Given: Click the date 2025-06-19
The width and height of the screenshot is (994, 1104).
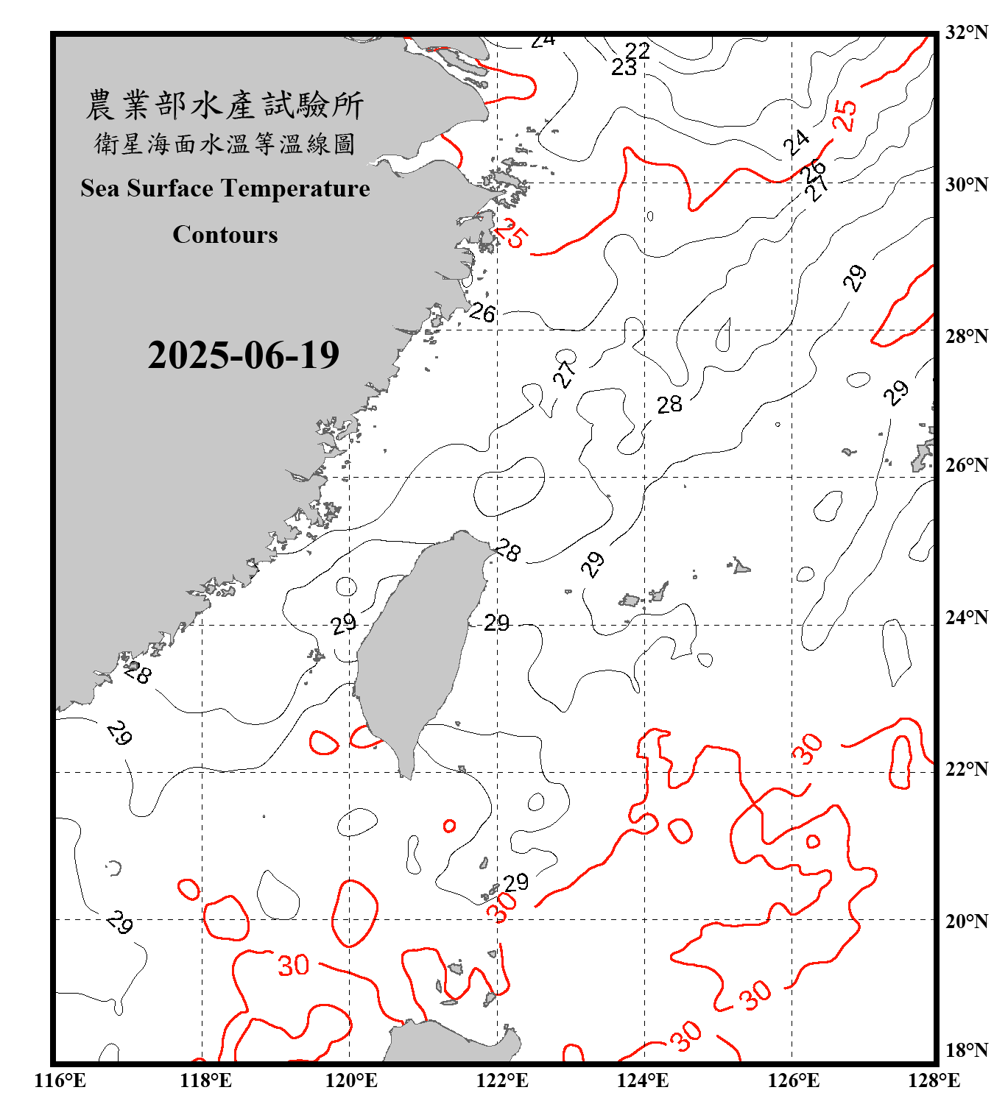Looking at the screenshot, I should pyautogui.click(x=243, y=355).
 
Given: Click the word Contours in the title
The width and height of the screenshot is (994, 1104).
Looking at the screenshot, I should pyautogui.click(x=225, y=234).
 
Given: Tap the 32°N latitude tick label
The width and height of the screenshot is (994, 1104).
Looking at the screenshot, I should pyautogui.click(x=966, y=32).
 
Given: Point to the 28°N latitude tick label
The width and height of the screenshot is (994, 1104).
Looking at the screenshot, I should pyautogui.click(x=966, y=336).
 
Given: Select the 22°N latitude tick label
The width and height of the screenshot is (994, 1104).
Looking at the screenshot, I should pyautogui.click(x=966, y=769).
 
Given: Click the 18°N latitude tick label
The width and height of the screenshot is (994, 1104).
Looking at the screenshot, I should pyautogui.click(x=966, y=1050).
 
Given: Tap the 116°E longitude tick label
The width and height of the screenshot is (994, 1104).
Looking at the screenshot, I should pyautogui.click(x=60, y=1080).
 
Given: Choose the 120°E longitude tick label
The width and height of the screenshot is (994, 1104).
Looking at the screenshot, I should pyautogui.click(x=351, y=1080).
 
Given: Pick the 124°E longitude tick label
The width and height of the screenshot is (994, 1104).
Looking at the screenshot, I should pyautogui.click(x=643, y=1080).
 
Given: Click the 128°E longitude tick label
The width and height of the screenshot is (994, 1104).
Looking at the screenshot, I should pyautogui.click(x=934, y=1080).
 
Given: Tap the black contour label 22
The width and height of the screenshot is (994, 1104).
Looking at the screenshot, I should pyautogui.click(x=638, y=50).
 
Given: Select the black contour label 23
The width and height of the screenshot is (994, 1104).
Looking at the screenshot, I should pyautogui.click(x=624, y=67).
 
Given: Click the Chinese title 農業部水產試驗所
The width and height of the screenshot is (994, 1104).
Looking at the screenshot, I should pyautogui.click(x=225, y=105).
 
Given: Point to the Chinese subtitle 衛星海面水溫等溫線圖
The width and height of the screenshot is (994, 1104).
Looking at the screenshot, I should pyautogui.click(x=225, y=144).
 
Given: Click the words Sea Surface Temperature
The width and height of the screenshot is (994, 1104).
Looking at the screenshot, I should pyautogui.click(x=225, y=188).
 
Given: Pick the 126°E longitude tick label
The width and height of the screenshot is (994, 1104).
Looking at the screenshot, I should pyautogui.click(x=794, y=1080).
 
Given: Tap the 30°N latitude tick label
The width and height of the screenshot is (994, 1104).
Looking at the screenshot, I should pyautogui.click(x=966, y=185).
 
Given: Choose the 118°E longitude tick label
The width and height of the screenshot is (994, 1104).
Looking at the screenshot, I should pyautogui.click(x=205, y=1080).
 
